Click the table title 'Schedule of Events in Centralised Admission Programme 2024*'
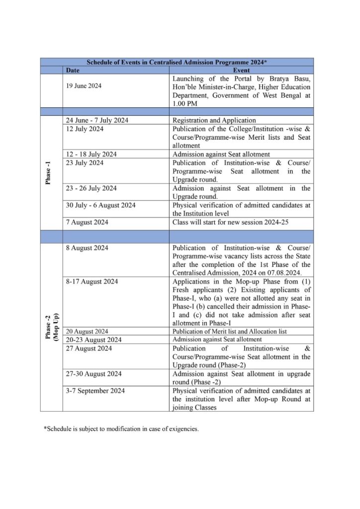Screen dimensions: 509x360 pyautogui.click(x=177, y=62)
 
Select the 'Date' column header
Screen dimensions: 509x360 pyautogui.click(x=73, y=71)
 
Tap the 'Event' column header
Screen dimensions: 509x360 pyautogui.click(x=241, y=71)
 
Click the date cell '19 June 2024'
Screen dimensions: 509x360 pyautogui.click(x=84, y=86)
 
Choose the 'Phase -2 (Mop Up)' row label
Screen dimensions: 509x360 pyautogui.click(x=51, y=327)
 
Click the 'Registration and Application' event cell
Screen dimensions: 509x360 pyautogui.click(x=214, y=120)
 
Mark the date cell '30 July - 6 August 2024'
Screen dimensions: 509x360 pyautogui.click(x=100, y=205)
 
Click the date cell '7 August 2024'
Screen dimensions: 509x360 pyautogui.click(x=87, y=222)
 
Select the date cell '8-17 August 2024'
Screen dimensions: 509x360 pyautogui.click(x=92, y=281)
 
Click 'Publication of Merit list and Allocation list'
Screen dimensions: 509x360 pyautogui.click(x=230, y=332)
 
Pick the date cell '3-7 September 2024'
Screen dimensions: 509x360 pyautogui.click(x=95, y=391)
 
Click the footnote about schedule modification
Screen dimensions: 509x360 pyautogui.click(x=121, y=428)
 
